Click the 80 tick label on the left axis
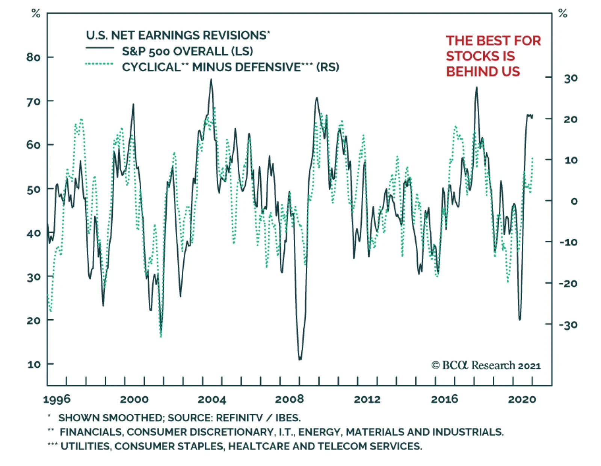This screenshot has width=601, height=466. [x=33, y=57]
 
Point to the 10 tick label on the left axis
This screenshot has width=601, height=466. [x=34, y=364]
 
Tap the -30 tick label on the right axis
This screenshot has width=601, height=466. [x=568, y=325]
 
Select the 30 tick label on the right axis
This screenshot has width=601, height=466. [x=571, y=78]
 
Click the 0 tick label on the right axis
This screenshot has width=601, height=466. [x=574, y=201]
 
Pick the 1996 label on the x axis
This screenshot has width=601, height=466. [x=57, y=399]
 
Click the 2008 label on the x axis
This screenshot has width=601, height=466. [x=289, y=399]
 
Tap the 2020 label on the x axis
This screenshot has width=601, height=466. [x=522, y=399]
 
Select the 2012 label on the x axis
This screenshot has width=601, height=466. [x=367, y=399]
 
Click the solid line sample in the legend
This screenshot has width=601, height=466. [x=100, y=48]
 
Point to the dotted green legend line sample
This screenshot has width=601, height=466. [x=100, y=64]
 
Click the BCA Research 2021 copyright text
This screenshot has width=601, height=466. [x=486, y=365]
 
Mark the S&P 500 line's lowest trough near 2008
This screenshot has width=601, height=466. [x=300, y=359]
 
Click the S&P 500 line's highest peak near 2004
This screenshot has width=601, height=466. [x=211, y=80]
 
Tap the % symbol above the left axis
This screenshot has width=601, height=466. [x=36, y=14]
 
